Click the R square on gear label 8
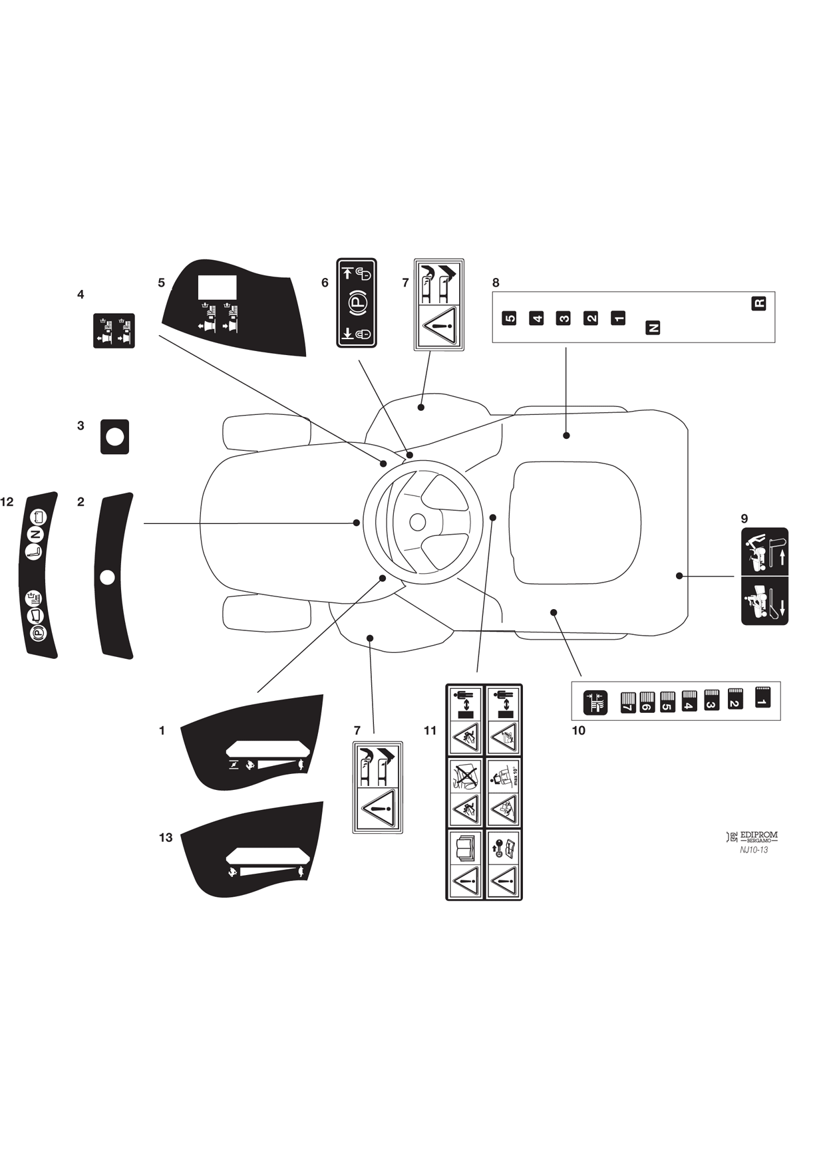[x=758, y=303]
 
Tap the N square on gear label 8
[x=653, y=327]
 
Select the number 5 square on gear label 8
[x=510, y=318]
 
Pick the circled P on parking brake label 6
[x=357, y=303]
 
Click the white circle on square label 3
[x=114, y=437]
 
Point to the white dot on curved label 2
[x=107, y=577]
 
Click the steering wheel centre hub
[x=417, y=522]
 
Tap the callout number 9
[x=744, y=519]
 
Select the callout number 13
[x=166, y=838]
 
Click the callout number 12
[x=7, y=502]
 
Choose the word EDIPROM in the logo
[x=758, y=835]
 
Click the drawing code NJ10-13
[x=754, y=850]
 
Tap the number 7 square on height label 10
[x=627, y=703]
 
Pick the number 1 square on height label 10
[x=762, y=697]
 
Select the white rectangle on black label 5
[x=218, y=288]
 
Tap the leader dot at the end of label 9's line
[x=679, y=576]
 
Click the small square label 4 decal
[x=114, y=330]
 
